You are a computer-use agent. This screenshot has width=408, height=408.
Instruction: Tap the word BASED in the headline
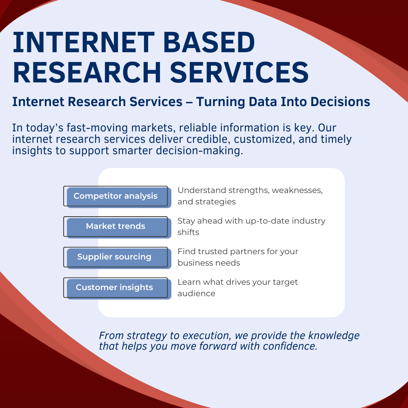coord(209,42)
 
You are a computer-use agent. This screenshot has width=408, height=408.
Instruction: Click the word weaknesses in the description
coord(297,191)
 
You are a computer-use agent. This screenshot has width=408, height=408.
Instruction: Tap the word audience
coord(197,293)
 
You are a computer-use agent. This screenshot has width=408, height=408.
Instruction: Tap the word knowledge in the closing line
coord(334,336)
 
